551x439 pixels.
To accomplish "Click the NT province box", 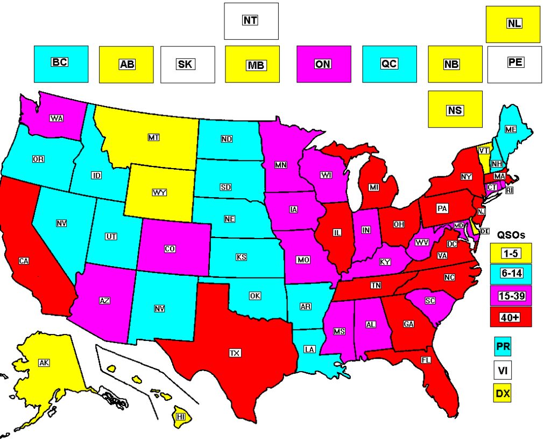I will (251, 21).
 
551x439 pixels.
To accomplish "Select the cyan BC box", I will (61, 64).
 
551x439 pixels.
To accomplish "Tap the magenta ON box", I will (323, 64).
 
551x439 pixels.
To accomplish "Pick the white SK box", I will (187, 64).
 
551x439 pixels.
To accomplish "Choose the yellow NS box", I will (455, 109).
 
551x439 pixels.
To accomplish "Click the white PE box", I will (514, 64).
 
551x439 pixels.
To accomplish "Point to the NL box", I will (513, 24).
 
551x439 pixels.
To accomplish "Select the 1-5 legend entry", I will (511, 252).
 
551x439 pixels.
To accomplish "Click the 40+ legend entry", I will (511, 317).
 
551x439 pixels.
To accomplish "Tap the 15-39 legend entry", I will (511, 295).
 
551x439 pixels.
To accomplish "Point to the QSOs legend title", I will (511, 235).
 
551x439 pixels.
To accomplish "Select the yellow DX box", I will (503, 394).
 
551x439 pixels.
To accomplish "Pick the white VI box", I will (503, 370).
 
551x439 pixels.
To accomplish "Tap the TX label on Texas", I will (235, 353).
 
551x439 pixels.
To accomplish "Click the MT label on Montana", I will (153, 138).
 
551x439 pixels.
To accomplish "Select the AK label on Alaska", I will (44, 363).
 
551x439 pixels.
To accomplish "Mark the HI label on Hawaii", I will (181, 416).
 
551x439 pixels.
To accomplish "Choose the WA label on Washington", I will (55, 117).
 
